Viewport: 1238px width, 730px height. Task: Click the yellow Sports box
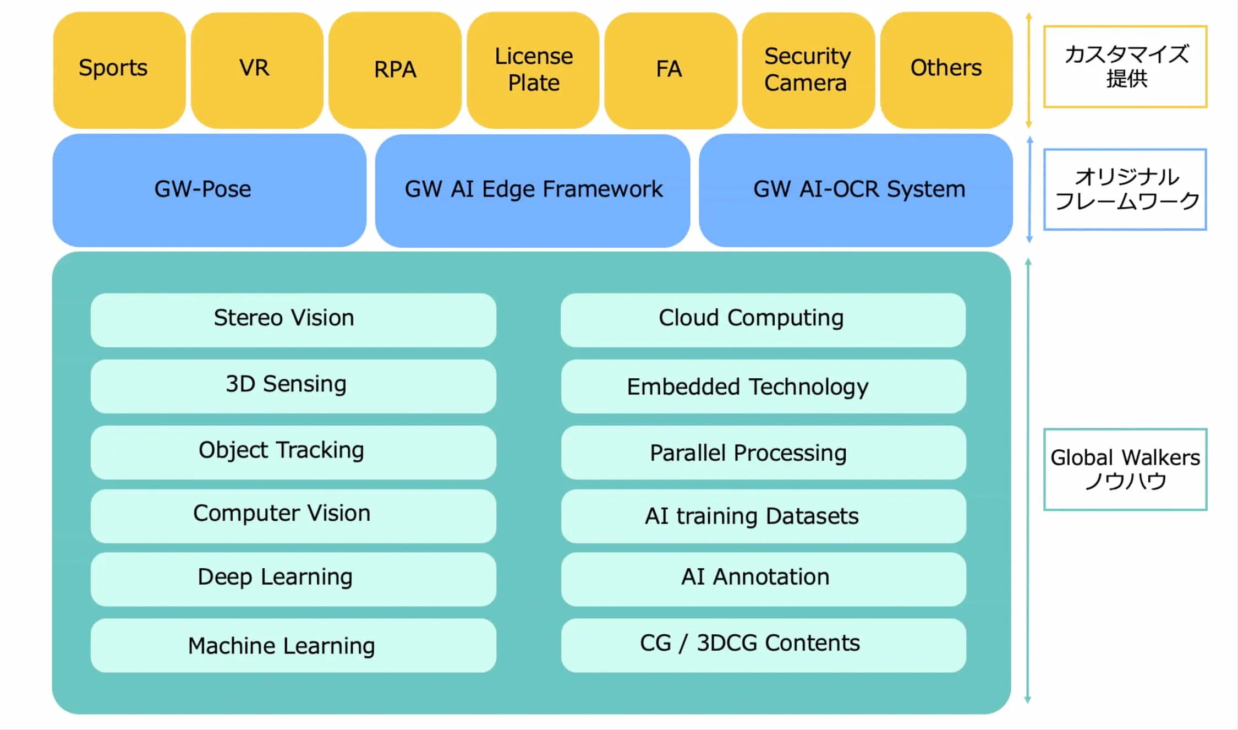pyautogui.click(x=119, y=70)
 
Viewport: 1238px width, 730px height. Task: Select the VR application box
pyautogui.click(x=257, y=70)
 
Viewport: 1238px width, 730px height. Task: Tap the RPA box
pyautogui.click(x=395, y=70)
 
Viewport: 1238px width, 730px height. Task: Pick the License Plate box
pyautogui.click(x=533, y=70)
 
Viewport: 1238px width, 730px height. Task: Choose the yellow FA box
pyautogui.click(x=670, y=70)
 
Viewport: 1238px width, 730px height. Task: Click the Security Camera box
pyautogui.click(x=808, y=70)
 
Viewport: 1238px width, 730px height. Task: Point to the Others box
pyautogui.click(x=946, y=70)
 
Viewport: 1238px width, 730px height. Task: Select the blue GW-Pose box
pyautogui.click(x=209, y=190)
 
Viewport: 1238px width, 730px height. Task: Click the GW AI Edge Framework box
pyautogui.click(x=533, y=190)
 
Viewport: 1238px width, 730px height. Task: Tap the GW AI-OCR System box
pyautogui.click(x=856, y=190)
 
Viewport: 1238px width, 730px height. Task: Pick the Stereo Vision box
pyautogui.click(x=293, y=319)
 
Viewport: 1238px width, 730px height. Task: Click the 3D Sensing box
pyautogui.click(x=293, y=385)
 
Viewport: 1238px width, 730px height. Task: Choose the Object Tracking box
pyautogui.click(x=293, y=451)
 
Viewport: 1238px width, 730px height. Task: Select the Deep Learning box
pyautogui.click(x=293, y=579)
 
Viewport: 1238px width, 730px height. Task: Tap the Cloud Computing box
pyautogui.click(x=763, y=319)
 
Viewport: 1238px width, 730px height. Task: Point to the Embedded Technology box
pyautogui.click(x=763, y=386)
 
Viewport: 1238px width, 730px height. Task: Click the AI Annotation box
pyautogui.click(x=763, y=579)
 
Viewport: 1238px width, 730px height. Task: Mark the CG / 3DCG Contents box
pyautogui.click(x=763, y=645)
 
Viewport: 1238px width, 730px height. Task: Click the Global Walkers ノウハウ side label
pyautogui.click(x=1125, y=469)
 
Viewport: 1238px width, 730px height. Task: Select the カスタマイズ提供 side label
pyautogui.click(x=1125, y=66)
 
